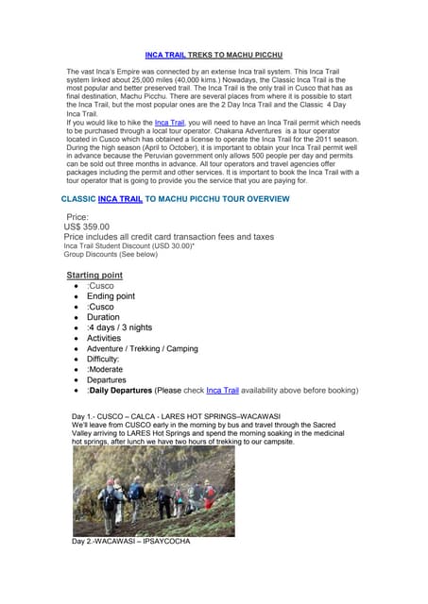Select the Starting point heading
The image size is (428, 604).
(94, 276)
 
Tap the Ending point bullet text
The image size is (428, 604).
(111, 296)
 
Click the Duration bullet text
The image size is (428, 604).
(103, 318)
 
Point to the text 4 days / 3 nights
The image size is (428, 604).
(119, 328)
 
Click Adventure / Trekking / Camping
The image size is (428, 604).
(142, 349)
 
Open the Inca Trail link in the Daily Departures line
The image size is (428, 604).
(223, 390)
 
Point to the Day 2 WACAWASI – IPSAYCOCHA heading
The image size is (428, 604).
(131, 542)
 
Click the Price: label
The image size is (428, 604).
(78, 217)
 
